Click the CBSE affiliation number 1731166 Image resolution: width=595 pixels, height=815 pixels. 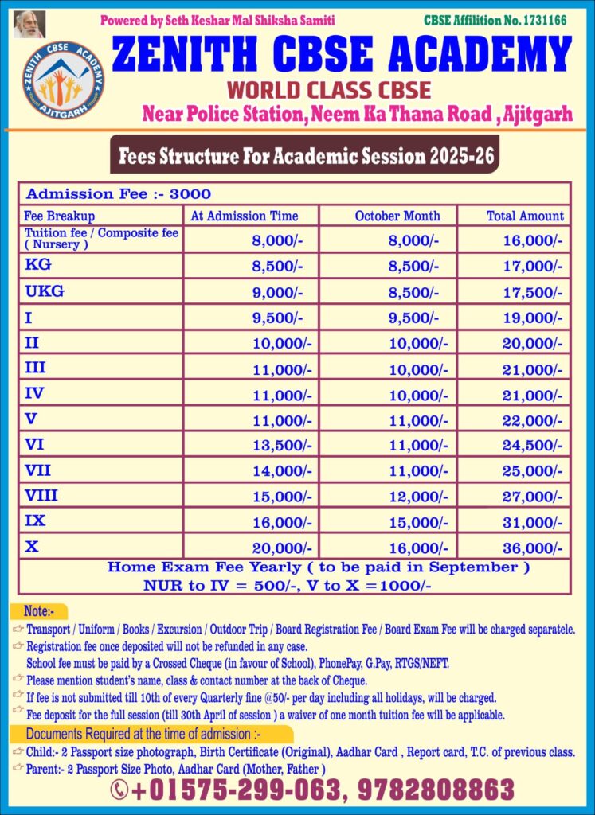click(x=495, y=20)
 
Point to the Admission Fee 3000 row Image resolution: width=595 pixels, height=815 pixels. click(x=119, y=193)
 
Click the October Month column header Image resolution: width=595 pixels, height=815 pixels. click(x=397, y=216)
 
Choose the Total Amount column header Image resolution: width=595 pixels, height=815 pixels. click(x=525, y=216)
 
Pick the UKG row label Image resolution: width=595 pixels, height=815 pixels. click(x=45, y=291)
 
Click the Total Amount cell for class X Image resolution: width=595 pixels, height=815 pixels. click(x=532, y=548)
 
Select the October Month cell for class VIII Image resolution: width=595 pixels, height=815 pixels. click(x=417, y=497)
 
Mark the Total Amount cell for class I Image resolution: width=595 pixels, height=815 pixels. click(x=532, y=318)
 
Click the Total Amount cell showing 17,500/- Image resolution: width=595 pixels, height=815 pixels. click(x=532, y=292)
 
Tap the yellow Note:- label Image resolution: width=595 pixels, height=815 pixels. click(x=38, y=612)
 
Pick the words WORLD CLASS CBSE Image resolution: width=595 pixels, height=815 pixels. click(x=328, y=89)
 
